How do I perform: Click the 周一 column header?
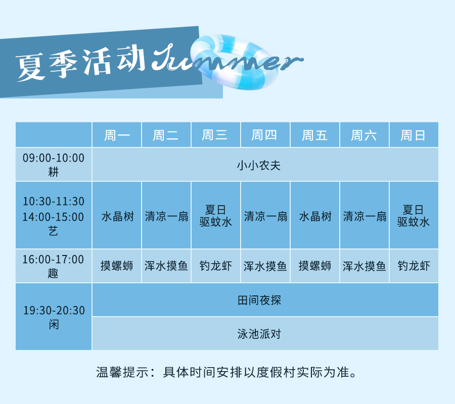117,135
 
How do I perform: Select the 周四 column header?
264,135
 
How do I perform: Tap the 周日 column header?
413,135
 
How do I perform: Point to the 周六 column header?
363,135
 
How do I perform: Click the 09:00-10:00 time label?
54,158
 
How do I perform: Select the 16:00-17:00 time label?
53,260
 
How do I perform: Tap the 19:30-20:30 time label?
54,311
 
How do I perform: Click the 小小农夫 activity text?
259,165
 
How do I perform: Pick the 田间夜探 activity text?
259,300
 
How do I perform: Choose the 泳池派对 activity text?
259,334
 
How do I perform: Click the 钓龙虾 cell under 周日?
414,266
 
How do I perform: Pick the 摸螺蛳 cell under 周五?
315,266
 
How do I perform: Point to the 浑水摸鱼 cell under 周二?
166,266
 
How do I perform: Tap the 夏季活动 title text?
80,64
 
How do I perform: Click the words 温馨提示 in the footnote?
123,372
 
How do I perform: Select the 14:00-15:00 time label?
54,217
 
